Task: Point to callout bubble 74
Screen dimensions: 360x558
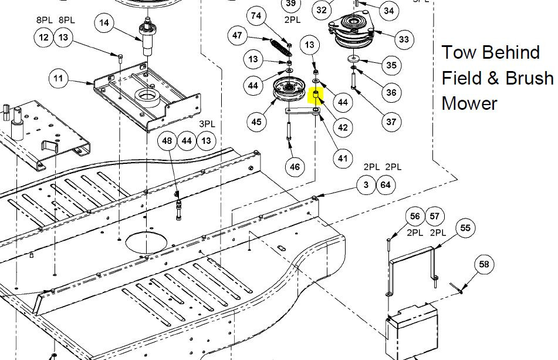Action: pos(256,16)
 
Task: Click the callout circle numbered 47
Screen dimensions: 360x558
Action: pos(238,36)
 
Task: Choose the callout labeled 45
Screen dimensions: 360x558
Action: pos(256,122)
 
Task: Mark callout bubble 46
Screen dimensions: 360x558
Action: pos(295,167)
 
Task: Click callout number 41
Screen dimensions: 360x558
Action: pos(342,157)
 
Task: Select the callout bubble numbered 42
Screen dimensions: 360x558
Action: pos(342,127)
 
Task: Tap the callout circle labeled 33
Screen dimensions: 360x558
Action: pos(404,39)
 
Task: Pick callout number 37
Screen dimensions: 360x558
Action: pos(391,122)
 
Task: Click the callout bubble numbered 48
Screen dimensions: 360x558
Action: pos(167,140)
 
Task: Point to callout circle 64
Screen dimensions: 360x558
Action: pos(385,186)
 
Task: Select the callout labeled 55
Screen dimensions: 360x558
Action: pos(465,228)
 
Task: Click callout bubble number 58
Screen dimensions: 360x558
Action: pos(483,265)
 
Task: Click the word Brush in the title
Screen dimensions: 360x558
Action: pos(526,78)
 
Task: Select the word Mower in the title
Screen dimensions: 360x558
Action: pos(469,103)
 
